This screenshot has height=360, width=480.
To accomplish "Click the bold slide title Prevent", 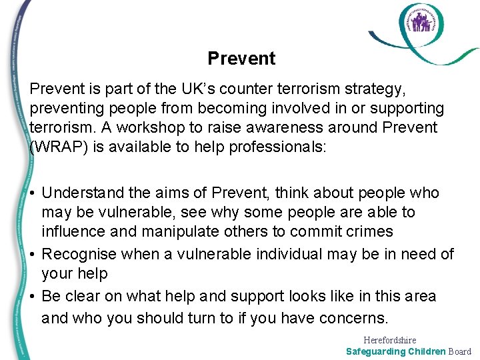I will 241,59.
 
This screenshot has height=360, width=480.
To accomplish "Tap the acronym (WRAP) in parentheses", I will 58,147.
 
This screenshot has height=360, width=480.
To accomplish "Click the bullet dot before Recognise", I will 33,255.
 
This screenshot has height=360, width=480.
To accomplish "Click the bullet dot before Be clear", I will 33,297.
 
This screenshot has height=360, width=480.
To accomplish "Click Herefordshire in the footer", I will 390,340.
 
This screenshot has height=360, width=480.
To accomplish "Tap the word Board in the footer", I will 459,351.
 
